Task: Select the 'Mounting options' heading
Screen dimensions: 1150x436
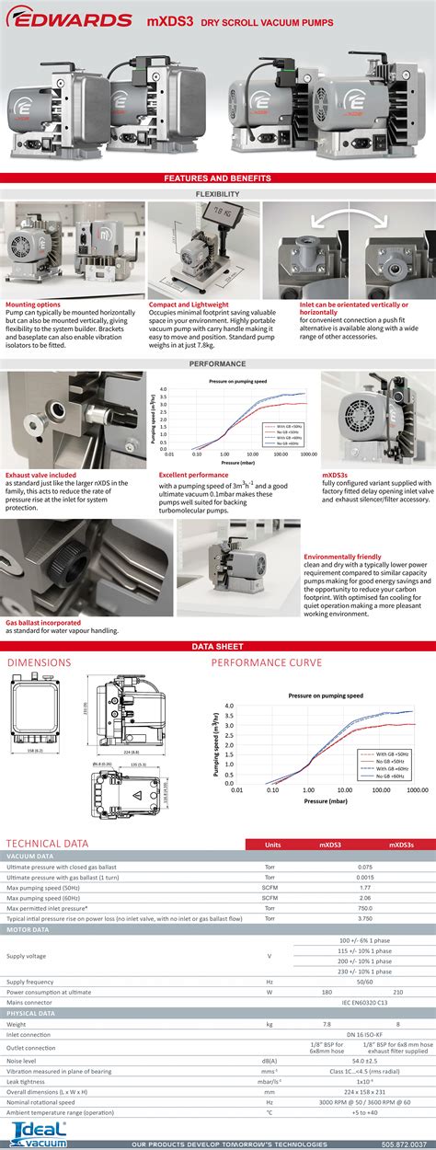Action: (x=33, y=278)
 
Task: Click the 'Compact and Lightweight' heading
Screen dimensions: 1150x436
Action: (x=189, y=278)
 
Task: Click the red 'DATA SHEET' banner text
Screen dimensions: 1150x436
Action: (x=217, y=647)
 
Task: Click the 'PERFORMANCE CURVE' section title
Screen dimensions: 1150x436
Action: (x=267, y=662)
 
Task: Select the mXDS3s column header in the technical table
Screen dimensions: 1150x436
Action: (x=401, y=844)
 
